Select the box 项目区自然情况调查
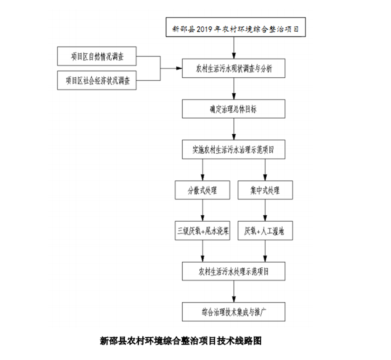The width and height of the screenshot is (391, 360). (x=97, y=57)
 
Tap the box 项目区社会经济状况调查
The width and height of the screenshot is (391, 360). (x=97, y=81)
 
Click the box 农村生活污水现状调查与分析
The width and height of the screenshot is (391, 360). (x=234, y=68)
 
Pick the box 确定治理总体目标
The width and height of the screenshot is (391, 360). (x=234, y=109)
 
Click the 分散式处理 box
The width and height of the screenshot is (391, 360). (x=202, y=190)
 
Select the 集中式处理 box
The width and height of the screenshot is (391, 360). (x=265, y=190)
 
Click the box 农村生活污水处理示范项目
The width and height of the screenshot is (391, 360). (x=234, y=271)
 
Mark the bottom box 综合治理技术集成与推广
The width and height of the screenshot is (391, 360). (x=234, y=312)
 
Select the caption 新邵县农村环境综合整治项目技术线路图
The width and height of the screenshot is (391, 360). (x=180, y=341)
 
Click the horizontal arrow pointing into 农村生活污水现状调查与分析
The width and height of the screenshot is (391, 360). (x=172, y=69)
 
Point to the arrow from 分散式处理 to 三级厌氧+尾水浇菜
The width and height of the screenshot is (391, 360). (x=202, y=210)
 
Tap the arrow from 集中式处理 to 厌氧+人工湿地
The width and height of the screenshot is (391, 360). (x=265, y=210)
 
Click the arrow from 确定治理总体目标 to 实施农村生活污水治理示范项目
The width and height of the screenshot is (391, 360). (x=234, y=129)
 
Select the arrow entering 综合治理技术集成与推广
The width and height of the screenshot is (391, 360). (x=234, y=292)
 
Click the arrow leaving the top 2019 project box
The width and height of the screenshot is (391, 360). (x=234, y=48)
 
